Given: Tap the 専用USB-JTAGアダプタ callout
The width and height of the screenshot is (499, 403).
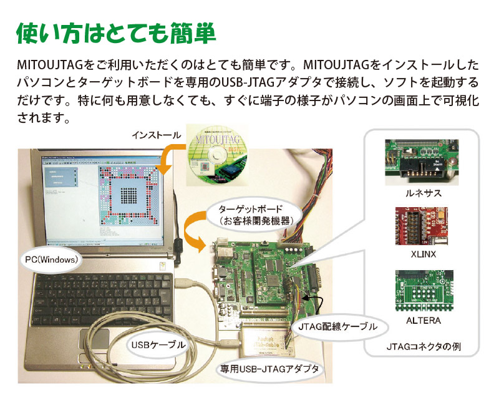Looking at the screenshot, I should (x=269, y=369).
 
